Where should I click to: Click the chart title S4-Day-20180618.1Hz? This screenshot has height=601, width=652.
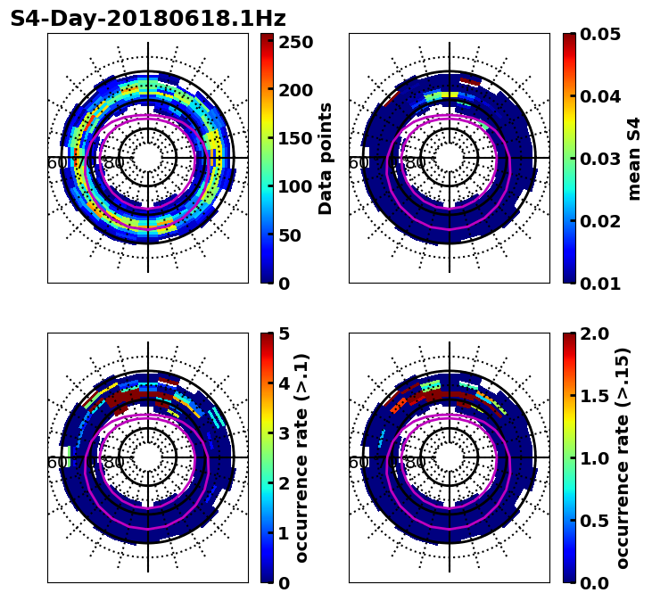click(148, 19)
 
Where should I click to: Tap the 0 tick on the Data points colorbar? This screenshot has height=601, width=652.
click(284, 284)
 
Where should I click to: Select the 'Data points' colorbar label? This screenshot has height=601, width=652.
click(326, 159)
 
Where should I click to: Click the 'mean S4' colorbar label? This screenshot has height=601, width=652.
click(634, 159)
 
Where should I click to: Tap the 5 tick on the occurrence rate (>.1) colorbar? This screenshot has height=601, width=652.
click(284, 333)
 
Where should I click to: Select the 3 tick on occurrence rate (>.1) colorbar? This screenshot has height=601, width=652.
click(284, 433)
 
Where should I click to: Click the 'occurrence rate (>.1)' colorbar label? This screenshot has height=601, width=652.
click(301, 458)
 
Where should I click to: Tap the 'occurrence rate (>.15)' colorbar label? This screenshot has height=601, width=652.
click(623, 458)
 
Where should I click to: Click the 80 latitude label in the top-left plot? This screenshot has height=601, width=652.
click(114, 163)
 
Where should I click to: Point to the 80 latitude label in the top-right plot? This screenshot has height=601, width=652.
click(416, 163)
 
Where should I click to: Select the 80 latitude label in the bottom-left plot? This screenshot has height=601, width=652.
click(114, 463)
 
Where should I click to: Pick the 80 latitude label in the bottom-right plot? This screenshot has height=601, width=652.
click(416, 463)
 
